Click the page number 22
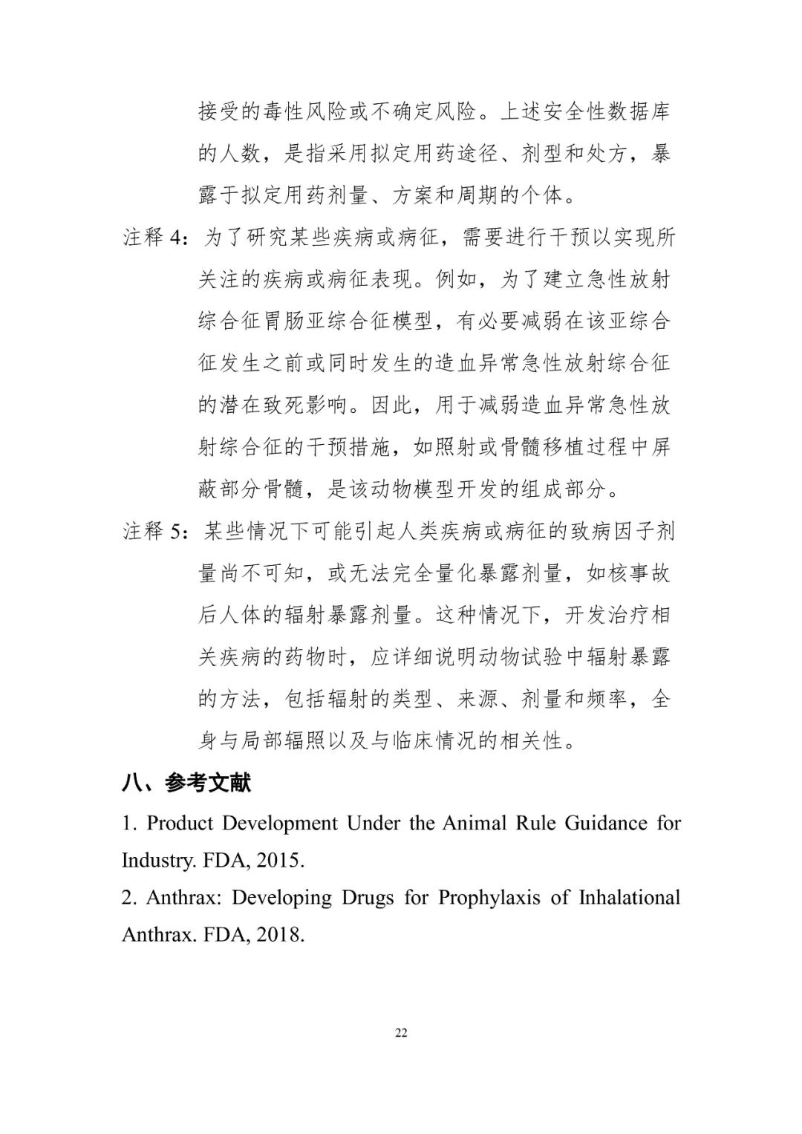pyautogui.click(x=401, y=1033)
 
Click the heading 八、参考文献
pyautogui.click(x=186, y=783)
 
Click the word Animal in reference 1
pyautogui.click(x=474, y=823)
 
